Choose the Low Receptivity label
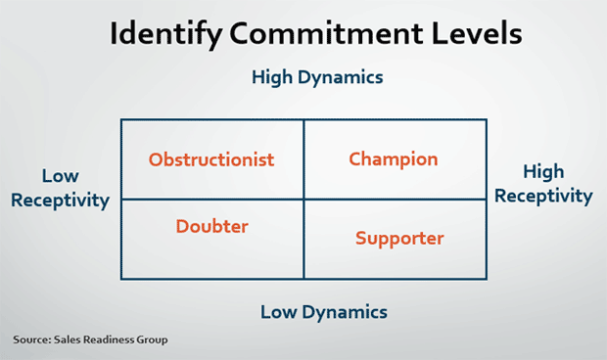[60, 188]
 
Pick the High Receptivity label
[543, 184]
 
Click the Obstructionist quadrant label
[211, 159]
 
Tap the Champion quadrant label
[394, 158]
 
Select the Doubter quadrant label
[211, 226]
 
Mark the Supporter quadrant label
[399, 238]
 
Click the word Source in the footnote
[32, 339]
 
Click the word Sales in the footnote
[68, 339]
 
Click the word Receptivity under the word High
[543, 196]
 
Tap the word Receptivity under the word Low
[60, 201]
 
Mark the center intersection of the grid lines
[303, 199]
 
